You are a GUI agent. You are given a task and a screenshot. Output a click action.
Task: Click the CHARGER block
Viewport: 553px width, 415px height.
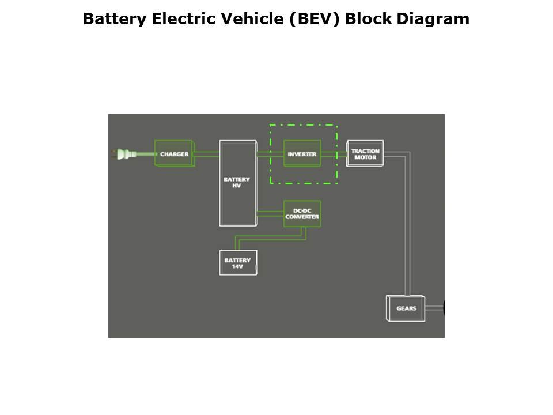click(174, 154)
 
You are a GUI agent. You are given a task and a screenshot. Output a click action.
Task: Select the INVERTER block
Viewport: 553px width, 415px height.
click(302, 154)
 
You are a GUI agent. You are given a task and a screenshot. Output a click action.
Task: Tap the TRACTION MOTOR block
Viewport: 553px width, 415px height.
click(365, 154)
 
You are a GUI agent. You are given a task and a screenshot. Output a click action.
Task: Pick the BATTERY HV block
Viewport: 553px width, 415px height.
click(237, 183)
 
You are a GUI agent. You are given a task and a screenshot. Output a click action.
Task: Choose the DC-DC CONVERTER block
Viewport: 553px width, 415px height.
click(302, 213)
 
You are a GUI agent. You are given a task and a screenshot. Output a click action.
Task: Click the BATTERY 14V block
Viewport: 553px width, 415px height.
click(238, 263)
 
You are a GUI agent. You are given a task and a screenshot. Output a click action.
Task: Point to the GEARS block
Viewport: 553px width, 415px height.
click(406, 308)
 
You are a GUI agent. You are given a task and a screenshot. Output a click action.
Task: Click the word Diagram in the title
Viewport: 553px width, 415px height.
click(433, 19)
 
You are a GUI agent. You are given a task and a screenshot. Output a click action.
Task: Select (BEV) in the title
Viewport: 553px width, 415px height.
click(315, 19)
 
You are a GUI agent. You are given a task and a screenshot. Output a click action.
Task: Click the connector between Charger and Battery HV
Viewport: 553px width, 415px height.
click(207, 154)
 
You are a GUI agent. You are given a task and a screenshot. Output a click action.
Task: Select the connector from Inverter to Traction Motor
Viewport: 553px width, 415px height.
click(334, 154)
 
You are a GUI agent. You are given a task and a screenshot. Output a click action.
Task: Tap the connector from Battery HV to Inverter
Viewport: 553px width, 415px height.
click(270, 154)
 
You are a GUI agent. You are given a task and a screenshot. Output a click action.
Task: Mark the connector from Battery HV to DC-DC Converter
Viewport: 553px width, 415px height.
click(270, 213)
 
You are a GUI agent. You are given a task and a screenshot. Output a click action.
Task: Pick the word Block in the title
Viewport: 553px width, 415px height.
click(369, 19)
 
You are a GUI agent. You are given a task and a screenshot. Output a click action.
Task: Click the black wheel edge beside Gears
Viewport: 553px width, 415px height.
click(444, 308)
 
